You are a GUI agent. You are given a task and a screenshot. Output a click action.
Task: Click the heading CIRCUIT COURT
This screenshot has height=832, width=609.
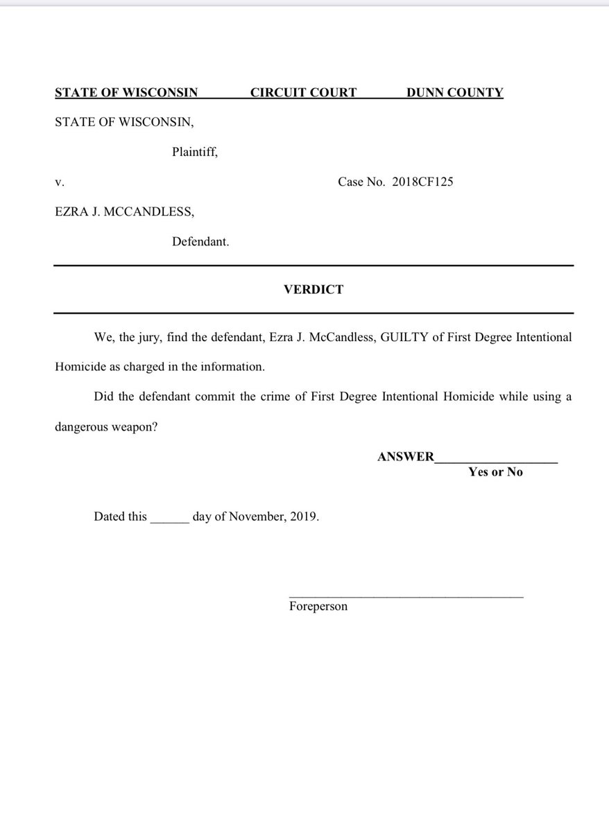coord(303,92)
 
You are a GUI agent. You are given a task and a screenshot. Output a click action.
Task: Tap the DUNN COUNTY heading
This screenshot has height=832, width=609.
coord(454,92)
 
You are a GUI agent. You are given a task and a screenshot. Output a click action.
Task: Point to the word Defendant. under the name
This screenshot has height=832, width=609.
coord(200,242)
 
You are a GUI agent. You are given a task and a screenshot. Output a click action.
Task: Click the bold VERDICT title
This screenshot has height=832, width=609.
coord(314,289)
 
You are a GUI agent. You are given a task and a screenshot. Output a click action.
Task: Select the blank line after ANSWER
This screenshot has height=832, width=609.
coord(496,458)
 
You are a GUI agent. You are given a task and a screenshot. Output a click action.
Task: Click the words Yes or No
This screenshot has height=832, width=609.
coord(495,472)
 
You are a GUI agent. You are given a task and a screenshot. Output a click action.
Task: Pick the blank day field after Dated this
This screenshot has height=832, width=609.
coord(169,517)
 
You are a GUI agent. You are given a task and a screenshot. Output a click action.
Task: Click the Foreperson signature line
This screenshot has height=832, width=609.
coord(406,596)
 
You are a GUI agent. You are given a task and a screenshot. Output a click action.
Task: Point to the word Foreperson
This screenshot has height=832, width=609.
coord(318,607)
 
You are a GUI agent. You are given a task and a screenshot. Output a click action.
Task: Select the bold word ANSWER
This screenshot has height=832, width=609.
coord(406,457)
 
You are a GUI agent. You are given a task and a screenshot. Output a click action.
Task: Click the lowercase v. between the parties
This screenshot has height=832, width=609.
coord(60,182)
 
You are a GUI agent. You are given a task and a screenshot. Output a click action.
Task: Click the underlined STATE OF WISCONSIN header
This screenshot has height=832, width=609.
coord(126,92)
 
